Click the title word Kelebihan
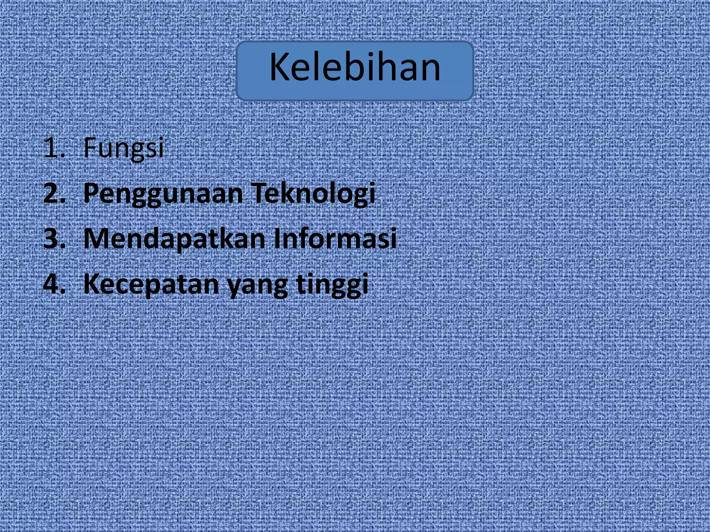(355, 67)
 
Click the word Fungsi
(123, 148)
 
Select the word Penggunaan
(163, 193)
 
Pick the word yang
(257, 286)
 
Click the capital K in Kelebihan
(280, 67)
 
